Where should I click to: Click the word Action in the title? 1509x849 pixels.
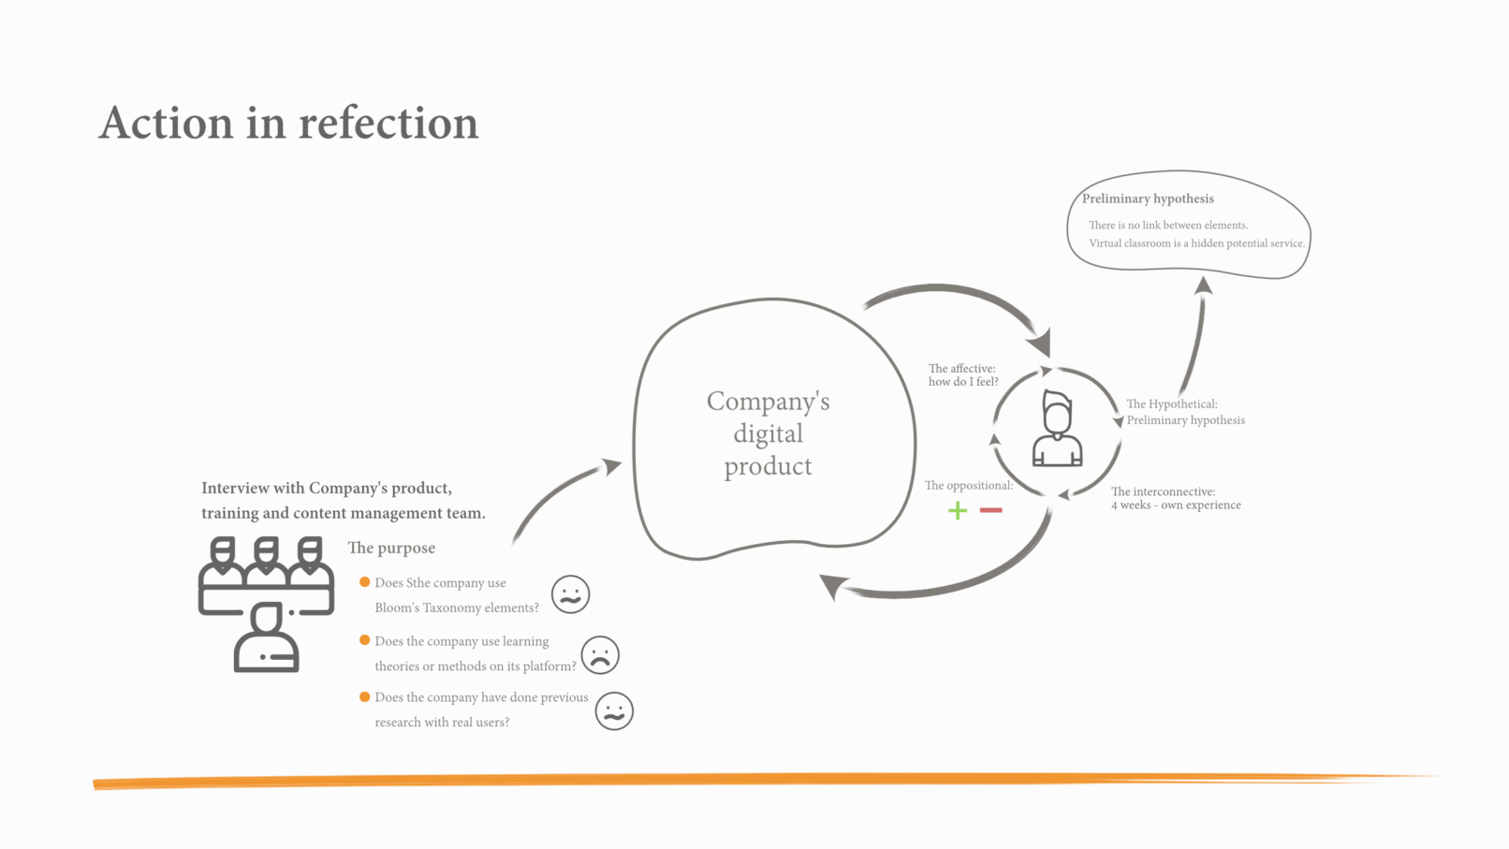pos(166,124)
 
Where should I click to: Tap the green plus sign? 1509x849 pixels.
pos(957,510)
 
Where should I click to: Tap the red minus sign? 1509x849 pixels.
pos(990,510)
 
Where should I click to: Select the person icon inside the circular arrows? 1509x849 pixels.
pos(1057,430)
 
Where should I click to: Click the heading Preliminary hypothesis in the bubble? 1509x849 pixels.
pos(1148,198)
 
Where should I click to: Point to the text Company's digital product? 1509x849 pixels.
pos(769,433)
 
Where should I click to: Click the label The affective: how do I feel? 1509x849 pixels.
pos(962,374)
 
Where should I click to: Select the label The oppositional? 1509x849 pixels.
pos(968,485)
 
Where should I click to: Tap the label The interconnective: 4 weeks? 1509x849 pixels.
pos(1175,498)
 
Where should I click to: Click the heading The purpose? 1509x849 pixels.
pos(391,548)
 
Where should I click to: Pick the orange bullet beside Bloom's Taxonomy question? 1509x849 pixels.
pos(365,582)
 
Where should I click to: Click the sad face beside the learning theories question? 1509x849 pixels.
pos(600,654)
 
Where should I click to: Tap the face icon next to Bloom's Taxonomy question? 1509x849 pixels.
pos(570,594)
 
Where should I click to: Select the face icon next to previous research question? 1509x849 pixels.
pos(614,711)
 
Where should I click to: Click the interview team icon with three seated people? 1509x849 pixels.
pos(266,604)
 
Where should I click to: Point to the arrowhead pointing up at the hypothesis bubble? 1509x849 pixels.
pos(1204,285)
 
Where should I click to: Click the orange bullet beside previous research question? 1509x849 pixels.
pos(365,697)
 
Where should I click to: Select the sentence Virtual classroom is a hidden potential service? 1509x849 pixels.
pos(1196,243)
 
